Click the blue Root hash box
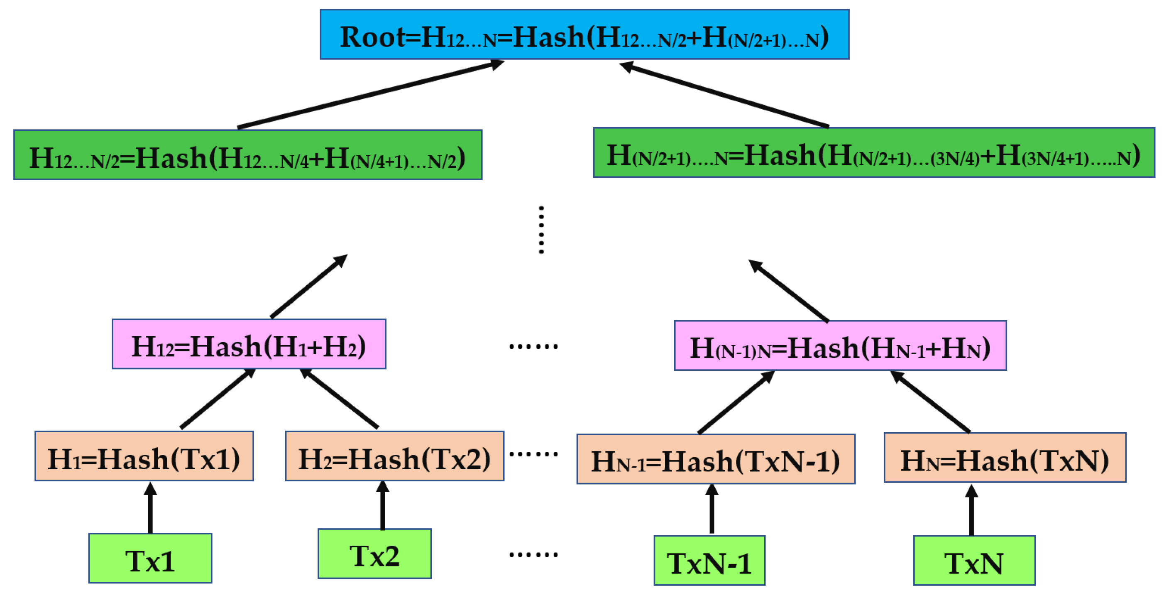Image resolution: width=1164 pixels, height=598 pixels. tap(584, 34)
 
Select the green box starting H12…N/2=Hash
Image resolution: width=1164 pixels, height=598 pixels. tap(248, 155)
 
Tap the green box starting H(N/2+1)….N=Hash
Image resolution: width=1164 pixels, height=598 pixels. tap(873, 153)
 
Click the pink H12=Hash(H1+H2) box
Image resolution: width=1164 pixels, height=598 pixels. tap(249, 344)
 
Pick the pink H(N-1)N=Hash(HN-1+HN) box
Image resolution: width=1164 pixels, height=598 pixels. tap(840, 346)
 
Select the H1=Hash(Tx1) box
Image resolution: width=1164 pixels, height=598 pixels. tap(144, 456)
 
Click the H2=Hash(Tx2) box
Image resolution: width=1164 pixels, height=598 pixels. tap(394, 456)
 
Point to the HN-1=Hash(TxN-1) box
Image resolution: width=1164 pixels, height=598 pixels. tap(716, 459)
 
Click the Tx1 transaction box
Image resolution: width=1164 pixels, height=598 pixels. tap(150, 558)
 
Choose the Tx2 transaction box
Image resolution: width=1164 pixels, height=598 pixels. tap(374, 554)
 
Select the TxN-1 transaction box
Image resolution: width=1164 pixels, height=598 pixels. tap(709, 561)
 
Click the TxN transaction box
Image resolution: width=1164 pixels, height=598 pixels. tap(974, 561)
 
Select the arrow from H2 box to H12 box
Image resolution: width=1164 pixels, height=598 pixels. tap(340, 399)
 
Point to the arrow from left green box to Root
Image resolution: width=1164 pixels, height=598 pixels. tap(371, 95)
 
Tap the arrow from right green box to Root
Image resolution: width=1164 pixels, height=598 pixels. tap(723, 95)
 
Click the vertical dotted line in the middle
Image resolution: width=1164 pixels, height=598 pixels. tap(541, 230)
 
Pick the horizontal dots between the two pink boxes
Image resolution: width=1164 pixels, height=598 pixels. tap(533, 347)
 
